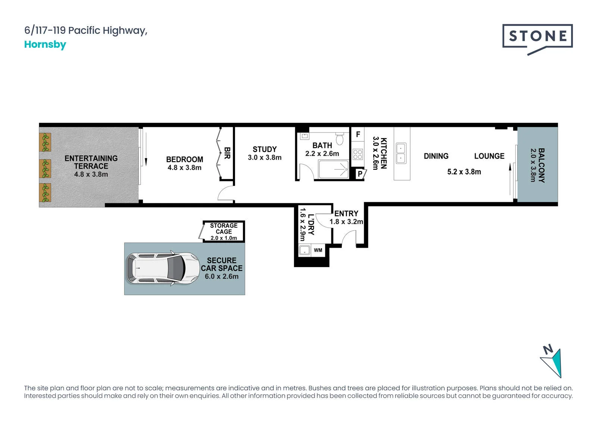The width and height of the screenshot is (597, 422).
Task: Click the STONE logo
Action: click(x=537, y=39)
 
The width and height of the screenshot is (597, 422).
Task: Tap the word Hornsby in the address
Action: click(x=45, y=44)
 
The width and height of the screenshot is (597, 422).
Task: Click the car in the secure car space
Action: click(x=163, y=268)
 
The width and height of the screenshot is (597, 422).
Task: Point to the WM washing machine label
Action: click(x=318, y=250)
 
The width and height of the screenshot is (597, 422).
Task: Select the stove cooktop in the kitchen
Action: click(x=357, y=154)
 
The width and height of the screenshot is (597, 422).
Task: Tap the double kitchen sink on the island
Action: click(x=401, y=153)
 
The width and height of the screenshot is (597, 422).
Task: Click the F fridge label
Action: click(x=358, y=134)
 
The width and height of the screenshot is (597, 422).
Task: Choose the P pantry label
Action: click(x=360, y=174)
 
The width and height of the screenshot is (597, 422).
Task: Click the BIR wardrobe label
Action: click(x=227, y=153)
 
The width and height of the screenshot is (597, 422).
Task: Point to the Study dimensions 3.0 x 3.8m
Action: click(x=265, y=157)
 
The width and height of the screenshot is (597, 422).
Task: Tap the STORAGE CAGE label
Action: click(x=224, y=228)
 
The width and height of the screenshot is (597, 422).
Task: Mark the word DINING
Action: click(x=436, y=156)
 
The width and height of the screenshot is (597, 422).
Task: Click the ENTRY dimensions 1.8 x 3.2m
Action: click(x=346, y=222)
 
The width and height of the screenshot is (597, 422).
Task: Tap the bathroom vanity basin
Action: click(x=304, y=136)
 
